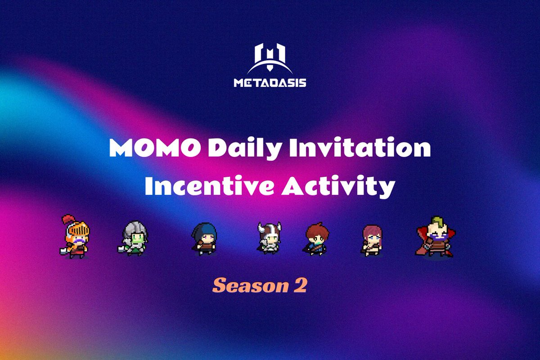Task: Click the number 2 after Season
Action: tap(301, 285)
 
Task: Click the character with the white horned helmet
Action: tap(269, 237)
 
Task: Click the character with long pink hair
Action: tap(372, 238)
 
